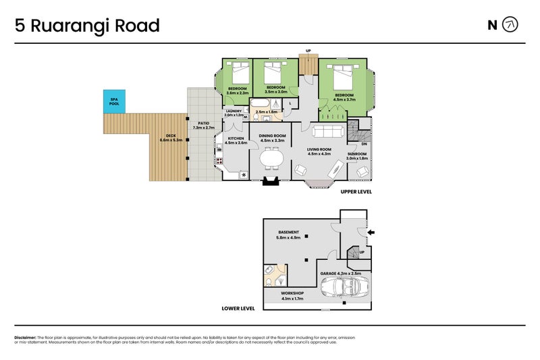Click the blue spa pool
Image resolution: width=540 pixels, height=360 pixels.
click(114, 101)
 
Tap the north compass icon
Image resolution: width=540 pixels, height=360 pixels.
click(511, 26)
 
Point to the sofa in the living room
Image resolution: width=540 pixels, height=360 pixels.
click(329, 131)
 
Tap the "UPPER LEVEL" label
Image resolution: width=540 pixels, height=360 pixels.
click(355, 192)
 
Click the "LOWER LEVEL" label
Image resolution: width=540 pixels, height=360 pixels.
click(238, 308)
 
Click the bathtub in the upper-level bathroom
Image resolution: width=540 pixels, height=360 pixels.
click(260, 106)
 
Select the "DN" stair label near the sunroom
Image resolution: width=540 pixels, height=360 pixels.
click(364, 144)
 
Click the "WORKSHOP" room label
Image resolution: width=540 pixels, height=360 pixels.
click(292, 293)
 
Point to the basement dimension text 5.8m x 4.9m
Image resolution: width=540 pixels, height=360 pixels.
click(288, 238)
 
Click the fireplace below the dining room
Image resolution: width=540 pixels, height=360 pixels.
click(271, 180)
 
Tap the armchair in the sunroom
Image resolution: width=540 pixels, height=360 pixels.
click(363, 172)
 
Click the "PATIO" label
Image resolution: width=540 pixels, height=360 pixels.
click(202, 122)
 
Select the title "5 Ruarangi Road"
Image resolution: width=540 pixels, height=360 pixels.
click(88, 26)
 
